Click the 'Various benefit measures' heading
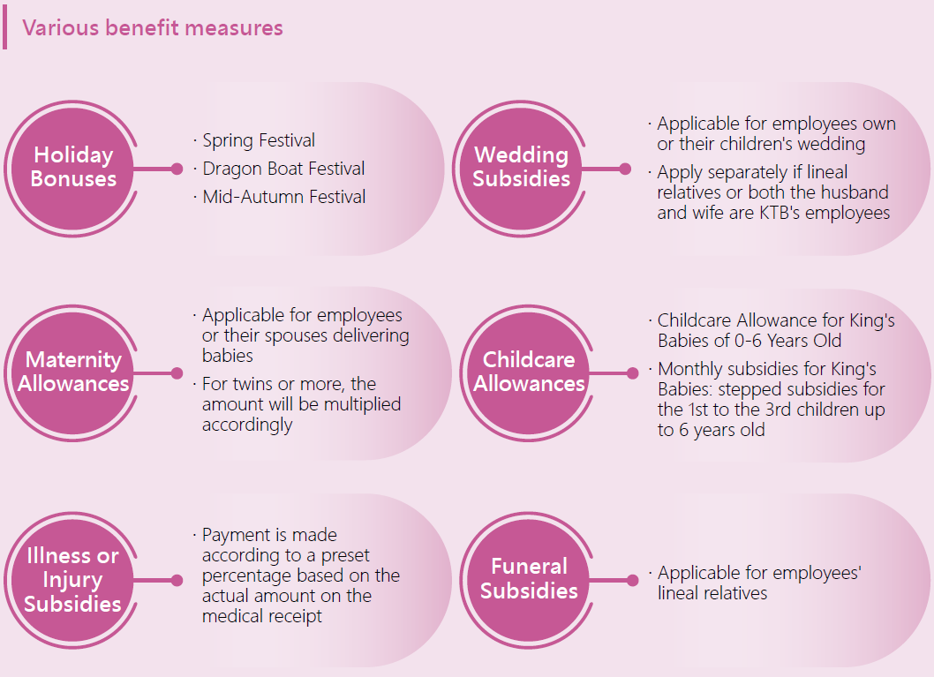(x=153, y=28)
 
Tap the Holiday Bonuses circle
(x=73, y=169)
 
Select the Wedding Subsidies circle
(x=521, y=169)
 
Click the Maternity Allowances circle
(x=73, y=372)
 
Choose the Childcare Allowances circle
(x=529, y=372)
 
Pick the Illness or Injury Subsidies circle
(x=73, y=580)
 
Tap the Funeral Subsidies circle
(x=529, y=580)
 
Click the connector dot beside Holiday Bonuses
(x=177, y=169)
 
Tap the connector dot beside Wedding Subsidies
(x=625, y=169)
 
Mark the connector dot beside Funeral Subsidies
(x=633, y=581)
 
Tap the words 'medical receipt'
(x=262, y=616)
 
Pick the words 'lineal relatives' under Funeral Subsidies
(x=712, y=593)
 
